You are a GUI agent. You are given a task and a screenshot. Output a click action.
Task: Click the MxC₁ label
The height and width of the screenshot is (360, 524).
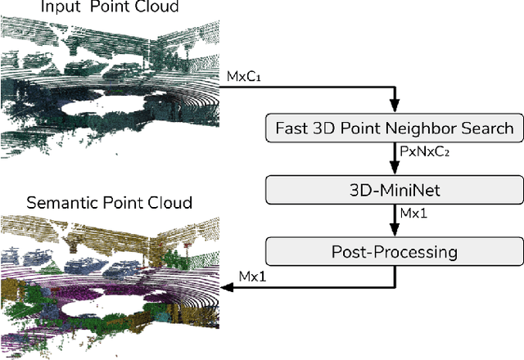[x=244, y=76]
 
